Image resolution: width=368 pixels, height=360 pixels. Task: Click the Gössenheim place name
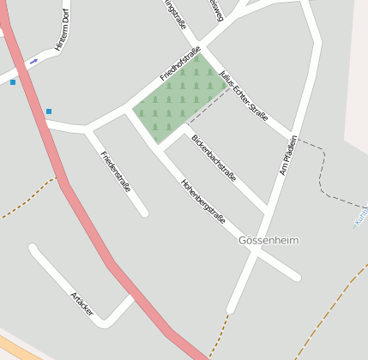point(268,241)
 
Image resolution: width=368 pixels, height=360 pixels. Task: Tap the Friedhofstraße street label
point(179,63)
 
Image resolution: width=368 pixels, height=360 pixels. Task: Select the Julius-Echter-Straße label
point(244,96)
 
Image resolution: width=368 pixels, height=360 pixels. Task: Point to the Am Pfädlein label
point(288,155)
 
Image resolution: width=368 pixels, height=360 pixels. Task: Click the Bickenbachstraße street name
point(214,157)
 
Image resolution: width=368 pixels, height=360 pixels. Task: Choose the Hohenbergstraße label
point(203,201)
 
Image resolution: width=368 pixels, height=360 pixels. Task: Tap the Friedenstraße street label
point(116,171)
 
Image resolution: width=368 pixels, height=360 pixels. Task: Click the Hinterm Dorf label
point(61,33)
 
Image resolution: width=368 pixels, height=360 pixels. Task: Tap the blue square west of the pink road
point(13,82)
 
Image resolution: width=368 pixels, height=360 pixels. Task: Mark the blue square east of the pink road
point(49,111)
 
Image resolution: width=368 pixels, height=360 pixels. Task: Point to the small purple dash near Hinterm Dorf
point(33,61)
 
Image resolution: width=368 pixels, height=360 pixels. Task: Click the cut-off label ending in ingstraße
point(175,15)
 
